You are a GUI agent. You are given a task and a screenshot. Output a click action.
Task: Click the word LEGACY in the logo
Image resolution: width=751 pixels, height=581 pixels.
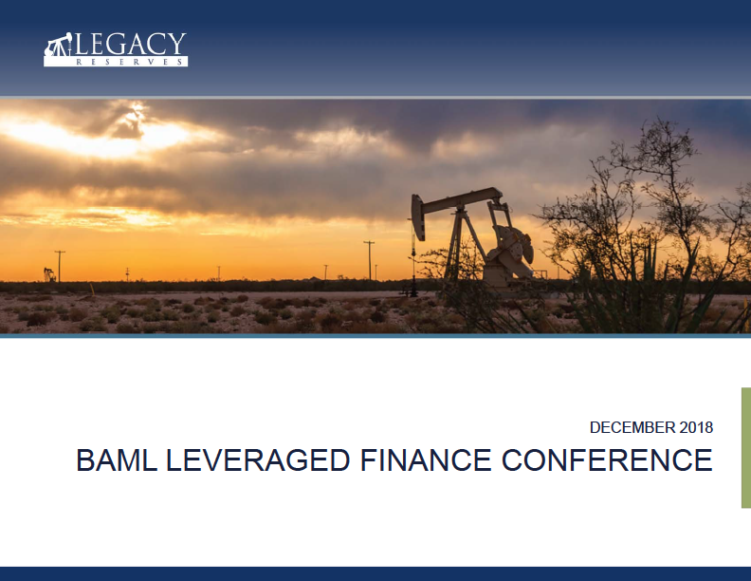(x=129, y=44)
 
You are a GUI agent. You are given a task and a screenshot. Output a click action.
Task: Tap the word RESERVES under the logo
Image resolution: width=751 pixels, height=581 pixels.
(x=129, y=62)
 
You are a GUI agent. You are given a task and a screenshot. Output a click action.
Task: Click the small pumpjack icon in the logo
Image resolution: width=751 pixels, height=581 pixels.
(x=58, y=45)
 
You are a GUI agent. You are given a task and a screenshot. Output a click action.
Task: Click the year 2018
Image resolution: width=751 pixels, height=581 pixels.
(x=696, y=427)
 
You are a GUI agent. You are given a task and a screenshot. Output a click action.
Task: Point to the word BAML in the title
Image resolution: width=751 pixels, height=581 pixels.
(x=117, y=459)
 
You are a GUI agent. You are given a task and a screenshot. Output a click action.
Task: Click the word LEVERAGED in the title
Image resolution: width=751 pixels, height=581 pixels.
(x=258, y=459)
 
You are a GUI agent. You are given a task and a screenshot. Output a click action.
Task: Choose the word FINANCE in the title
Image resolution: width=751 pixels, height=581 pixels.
(x=426, y=459)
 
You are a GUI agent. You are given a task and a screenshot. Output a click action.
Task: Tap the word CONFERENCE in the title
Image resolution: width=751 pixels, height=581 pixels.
(x=607, y=459)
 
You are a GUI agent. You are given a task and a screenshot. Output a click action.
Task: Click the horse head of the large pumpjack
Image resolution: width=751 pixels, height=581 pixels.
(x=417, y=216)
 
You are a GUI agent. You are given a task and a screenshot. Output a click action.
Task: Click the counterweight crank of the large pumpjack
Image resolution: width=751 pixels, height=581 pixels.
(x=511, y=252)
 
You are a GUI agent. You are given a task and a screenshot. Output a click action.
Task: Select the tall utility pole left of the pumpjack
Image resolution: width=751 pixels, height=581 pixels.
(x=369, y=260)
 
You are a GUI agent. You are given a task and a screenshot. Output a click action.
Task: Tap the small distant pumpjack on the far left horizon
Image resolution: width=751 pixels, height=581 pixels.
(x=49, y=274)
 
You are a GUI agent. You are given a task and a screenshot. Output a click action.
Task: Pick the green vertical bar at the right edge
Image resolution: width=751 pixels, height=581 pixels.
(x=745, y=447)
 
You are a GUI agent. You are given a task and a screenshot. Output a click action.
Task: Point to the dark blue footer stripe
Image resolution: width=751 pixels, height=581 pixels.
(x=375, y=573)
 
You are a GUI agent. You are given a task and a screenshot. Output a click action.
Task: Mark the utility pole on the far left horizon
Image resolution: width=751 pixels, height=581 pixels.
(x=60, y=266)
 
